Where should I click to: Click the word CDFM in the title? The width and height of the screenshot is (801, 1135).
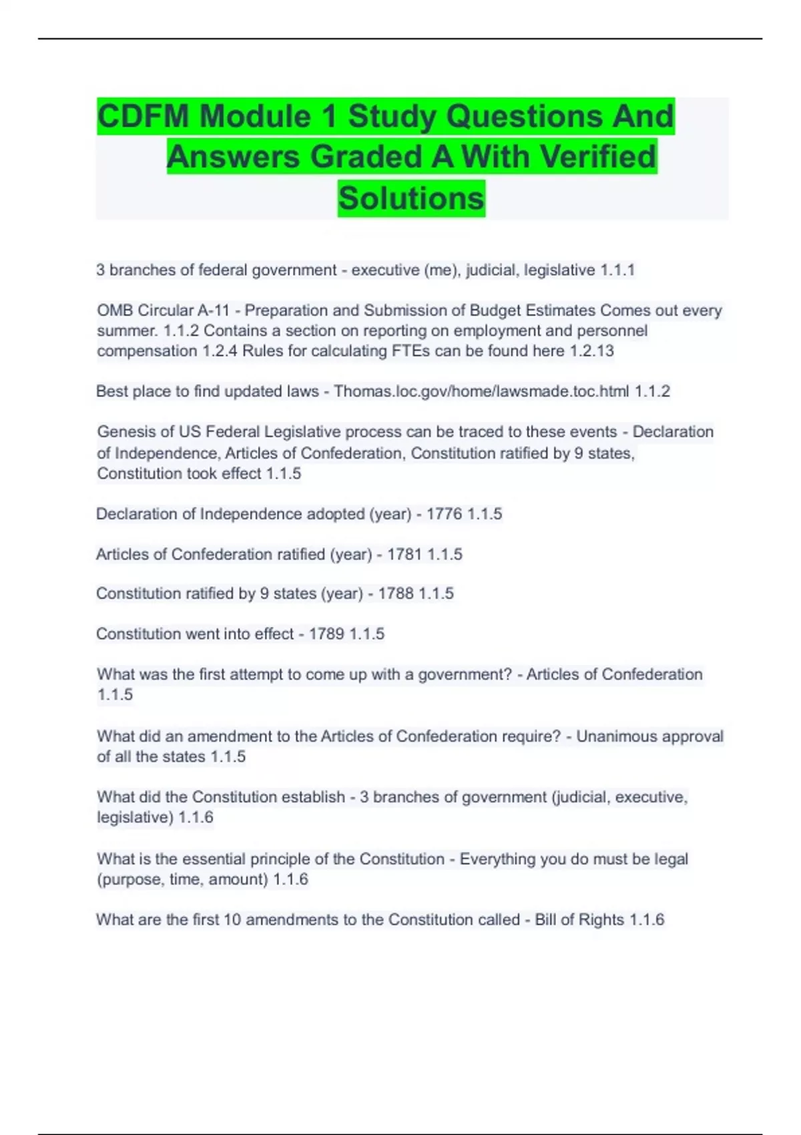pyautogui.click(x=143, y=116)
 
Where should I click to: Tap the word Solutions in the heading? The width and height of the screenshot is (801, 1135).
pyautogui.click(x=411, y=198)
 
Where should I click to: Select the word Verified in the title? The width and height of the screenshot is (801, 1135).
pyautogui.click(x=598, y=157)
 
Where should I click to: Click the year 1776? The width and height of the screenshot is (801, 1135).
pyautogui.click(x=444, y=514)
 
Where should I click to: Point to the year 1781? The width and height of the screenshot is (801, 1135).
pyautogui.click(x=405, y=554)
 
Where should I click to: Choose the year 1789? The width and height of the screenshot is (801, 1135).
pyautogui.click(x=326, y=634)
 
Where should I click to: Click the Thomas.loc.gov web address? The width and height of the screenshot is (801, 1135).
pyautogui.click(x=481, y=391)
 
